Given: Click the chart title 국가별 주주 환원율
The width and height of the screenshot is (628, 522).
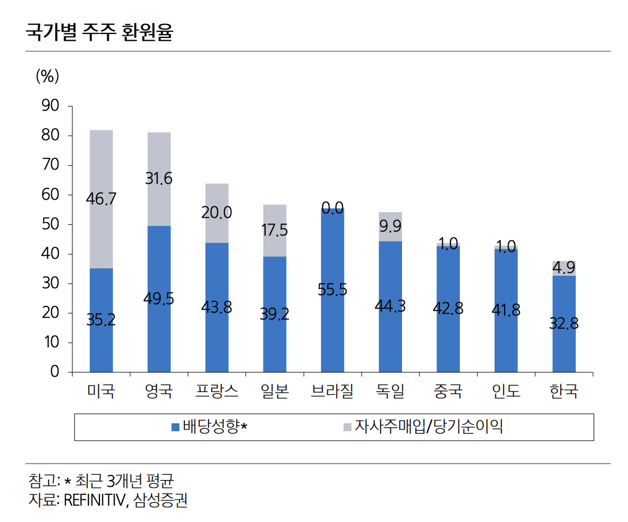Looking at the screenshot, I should pos(99,32).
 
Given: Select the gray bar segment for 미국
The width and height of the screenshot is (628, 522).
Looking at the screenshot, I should pos(101,170).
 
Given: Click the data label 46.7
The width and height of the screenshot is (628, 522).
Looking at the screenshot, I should pos(101,199).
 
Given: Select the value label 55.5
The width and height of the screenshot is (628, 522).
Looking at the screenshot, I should pos(332,289).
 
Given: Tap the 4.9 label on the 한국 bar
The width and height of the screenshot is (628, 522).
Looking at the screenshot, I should pos(564,268).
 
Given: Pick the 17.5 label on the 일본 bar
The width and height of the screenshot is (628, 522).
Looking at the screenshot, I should pos(274,230).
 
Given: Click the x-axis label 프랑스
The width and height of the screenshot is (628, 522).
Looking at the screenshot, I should pos(216,391).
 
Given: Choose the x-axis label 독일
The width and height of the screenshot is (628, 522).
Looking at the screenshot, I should pos(390,391).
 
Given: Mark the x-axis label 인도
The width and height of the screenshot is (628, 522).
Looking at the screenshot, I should pos(506,391).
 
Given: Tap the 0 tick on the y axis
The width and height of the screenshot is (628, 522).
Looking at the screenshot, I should pos(55,372).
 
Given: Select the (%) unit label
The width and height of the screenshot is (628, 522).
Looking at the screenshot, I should pos(48,76).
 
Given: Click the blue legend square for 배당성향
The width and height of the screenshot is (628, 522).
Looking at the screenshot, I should pos(175,427).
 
